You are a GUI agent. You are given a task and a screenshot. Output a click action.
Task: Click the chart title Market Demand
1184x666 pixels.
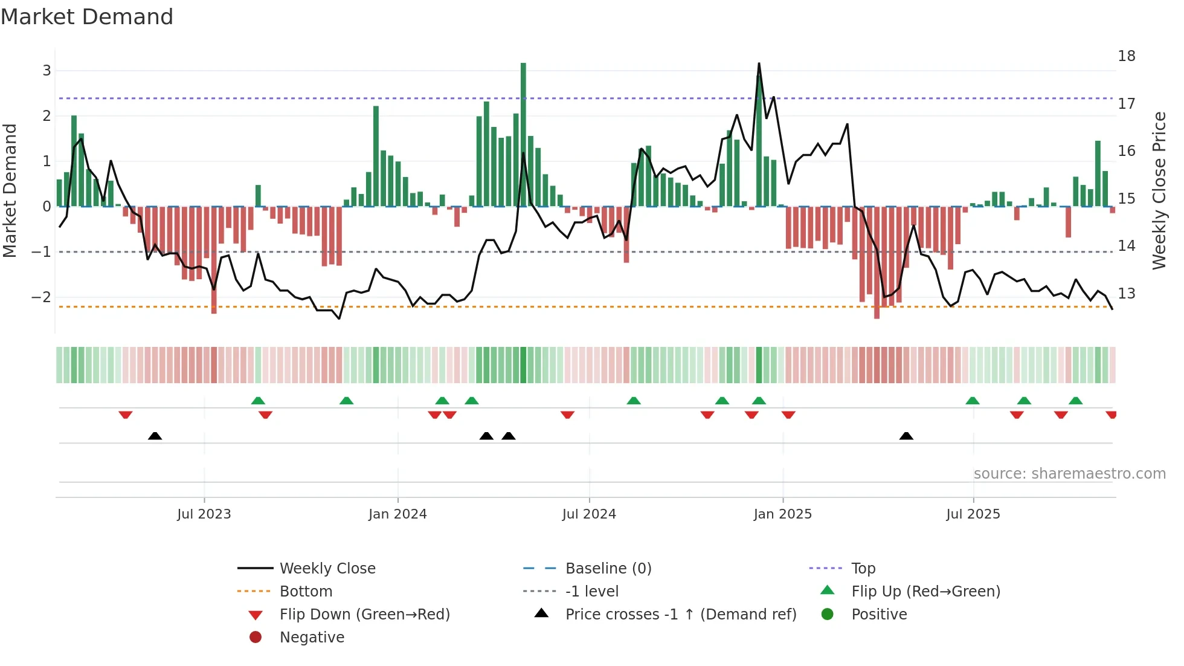87,17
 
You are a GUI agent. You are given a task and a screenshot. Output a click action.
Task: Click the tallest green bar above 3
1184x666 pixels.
523,133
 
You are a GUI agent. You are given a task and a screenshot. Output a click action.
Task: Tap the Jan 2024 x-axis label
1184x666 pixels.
397,514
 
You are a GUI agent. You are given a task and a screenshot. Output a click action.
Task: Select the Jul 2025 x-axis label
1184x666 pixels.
973,514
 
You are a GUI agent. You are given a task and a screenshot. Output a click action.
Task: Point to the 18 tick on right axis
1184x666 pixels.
1127,56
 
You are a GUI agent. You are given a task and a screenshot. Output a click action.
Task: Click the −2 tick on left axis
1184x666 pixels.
42,297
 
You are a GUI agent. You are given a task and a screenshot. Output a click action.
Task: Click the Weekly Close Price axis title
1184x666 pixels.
1159,190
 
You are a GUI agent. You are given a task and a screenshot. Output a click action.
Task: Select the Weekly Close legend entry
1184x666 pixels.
327,569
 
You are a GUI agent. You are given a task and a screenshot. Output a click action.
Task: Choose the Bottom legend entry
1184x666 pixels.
306,592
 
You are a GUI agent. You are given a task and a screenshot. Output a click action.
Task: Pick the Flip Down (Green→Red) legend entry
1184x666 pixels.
364,615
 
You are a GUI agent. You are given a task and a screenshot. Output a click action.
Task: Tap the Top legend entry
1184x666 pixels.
863,569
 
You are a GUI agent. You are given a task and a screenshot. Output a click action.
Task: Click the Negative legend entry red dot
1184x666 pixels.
256,638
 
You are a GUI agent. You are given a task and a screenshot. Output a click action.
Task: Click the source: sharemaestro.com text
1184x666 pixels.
1069,474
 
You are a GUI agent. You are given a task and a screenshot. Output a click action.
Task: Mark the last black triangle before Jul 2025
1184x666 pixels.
906,436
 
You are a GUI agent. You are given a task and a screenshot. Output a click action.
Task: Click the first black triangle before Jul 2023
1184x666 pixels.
155,436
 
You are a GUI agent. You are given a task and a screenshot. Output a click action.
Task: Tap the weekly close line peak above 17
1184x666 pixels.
759,64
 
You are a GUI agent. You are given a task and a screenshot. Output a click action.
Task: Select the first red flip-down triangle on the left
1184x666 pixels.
126,415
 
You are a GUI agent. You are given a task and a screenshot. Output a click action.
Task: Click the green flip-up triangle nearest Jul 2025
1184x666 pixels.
973,401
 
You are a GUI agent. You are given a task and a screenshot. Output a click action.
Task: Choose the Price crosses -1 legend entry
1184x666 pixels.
681,615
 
